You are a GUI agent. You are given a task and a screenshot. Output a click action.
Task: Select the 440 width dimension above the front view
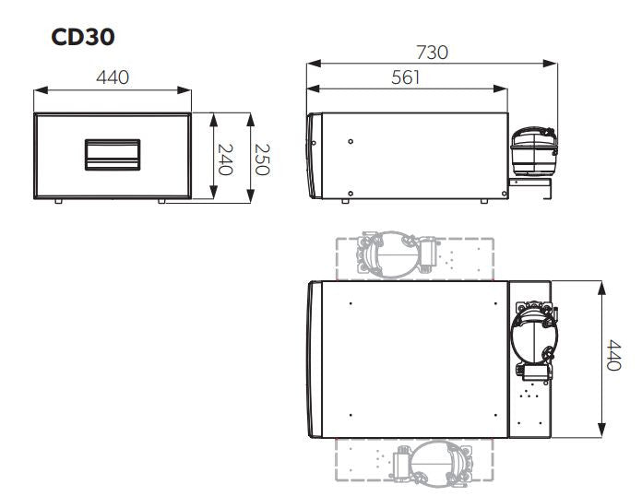[x=113, y=77]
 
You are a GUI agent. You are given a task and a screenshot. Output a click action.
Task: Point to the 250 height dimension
[x=262, y=157]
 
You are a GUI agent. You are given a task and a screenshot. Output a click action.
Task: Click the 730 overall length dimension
[x=433, y=52]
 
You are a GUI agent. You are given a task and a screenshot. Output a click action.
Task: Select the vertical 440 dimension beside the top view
[x=612, y=356]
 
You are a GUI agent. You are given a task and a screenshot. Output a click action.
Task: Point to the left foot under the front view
[x=58, y=201]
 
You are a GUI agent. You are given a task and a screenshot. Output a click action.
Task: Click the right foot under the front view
[x=163, y=201]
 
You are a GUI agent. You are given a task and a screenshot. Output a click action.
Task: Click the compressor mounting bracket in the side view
[x=531, y=189]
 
